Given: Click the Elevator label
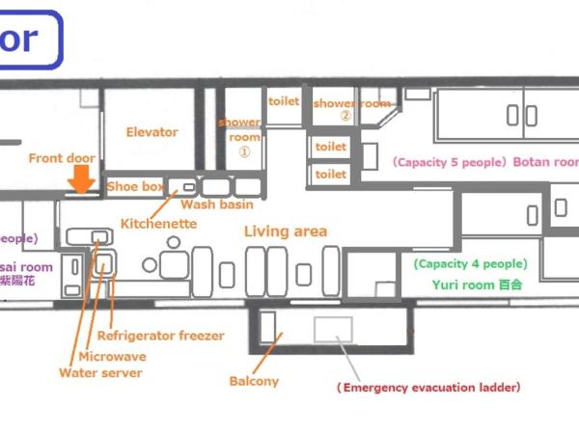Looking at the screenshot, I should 152,132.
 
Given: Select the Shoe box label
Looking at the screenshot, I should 135,186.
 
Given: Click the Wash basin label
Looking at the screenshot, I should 217,204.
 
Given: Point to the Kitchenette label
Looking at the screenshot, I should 158,224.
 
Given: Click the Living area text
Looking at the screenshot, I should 285,231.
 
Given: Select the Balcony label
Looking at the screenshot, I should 254,381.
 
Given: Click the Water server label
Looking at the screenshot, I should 99,372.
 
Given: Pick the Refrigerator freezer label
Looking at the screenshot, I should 159,336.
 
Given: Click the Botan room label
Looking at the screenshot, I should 545,162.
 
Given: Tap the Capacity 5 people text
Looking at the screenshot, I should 448,162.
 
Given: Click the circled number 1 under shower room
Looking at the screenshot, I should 244,151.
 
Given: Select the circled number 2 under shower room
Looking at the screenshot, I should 345,116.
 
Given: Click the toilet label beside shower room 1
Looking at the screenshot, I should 284,99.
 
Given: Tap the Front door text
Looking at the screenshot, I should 61,158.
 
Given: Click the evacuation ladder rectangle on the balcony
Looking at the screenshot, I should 333,330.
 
